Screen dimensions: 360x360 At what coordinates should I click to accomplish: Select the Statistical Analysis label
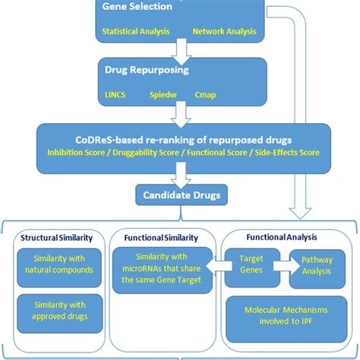pos(134,33)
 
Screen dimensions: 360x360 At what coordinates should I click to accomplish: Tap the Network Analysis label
pos(226,33)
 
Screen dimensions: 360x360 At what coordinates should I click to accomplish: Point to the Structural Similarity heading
pos(56,235)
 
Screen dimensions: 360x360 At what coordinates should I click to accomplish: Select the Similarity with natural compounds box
pos(57,266)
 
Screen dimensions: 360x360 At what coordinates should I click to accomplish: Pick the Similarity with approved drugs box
pos(57,313)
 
